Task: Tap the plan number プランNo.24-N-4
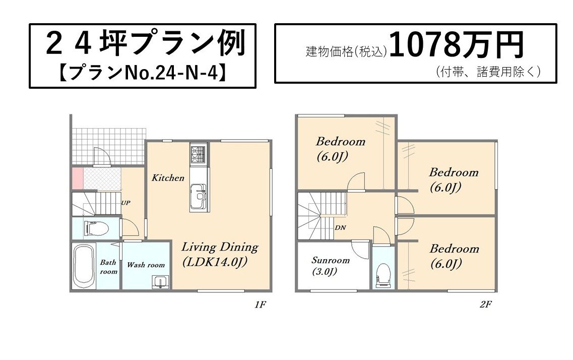[x=143, y=73]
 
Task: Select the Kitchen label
[x=168, y=178]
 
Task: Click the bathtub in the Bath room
[x=84, y=266]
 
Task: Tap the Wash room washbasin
[x=160, y=282]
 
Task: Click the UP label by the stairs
[x=125, y=203]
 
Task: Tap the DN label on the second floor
[x=340, y=227]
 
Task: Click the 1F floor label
[x=260, y=305]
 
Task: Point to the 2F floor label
[x=486, y=304]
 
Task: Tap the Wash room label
[x=146, y=265]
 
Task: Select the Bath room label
[x=108, y=267]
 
